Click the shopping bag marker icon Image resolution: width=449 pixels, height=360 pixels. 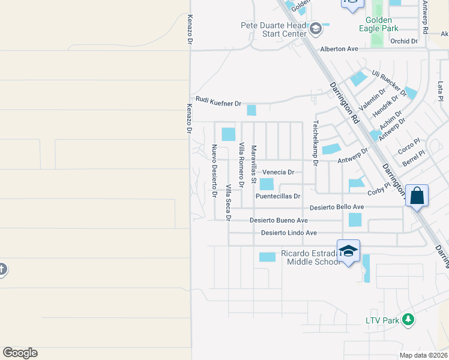[417, 196]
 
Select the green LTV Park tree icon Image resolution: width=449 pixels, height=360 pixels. [408, 319]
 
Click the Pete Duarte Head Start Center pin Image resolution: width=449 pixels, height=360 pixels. [316, 28]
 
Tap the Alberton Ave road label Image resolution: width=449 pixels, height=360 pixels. [339, 49]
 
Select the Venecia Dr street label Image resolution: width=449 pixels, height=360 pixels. [279, 172]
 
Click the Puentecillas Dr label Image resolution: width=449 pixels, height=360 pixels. [277, 196]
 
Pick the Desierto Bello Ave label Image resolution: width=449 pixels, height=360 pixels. [338, 208]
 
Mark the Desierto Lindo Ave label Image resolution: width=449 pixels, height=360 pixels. [289, 233]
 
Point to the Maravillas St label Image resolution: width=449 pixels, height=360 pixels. [254, 164]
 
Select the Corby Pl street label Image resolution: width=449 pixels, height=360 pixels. [379, 190]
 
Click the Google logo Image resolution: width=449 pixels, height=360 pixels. [20, 353]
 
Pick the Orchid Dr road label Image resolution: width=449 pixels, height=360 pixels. [403, 41]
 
